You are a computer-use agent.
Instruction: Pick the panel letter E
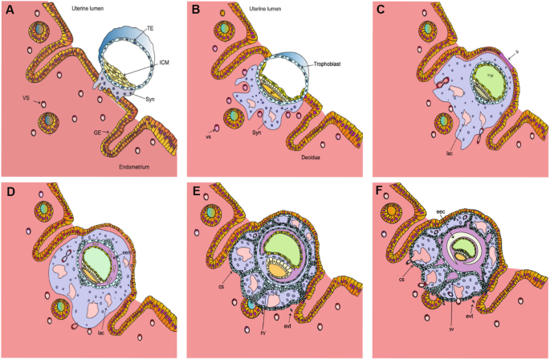coord(198,194)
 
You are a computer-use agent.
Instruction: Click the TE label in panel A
coord(150,29)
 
